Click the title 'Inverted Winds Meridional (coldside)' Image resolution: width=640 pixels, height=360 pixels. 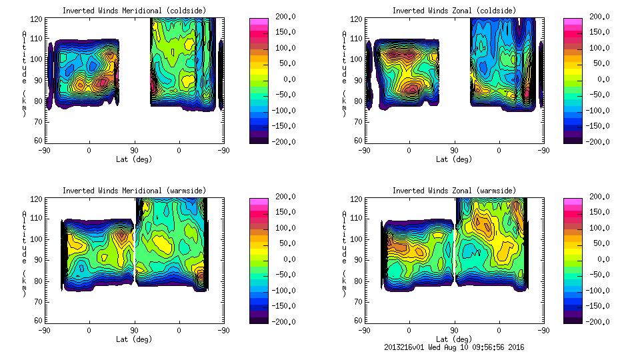(134, 11)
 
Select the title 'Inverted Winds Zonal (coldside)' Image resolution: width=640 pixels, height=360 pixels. (454, 11)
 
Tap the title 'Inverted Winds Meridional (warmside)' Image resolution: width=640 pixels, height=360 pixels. (134, 191)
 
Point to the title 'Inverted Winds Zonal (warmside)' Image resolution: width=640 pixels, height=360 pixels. (454, 191)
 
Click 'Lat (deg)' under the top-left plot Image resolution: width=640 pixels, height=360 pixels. (134, 159)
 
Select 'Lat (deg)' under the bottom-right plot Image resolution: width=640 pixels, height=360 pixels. (454, 339)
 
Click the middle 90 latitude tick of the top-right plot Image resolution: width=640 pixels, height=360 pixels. (454, 150)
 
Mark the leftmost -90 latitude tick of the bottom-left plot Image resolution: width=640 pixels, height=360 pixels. (44, 330)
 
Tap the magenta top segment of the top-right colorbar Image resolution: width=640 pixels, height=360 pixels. (573, 21)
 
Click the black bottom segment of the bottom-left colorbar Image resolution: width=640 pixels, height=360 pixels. (258, 319)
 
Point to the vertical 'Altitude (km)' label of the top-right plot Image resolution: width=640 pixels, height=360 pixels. (344, 73)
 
